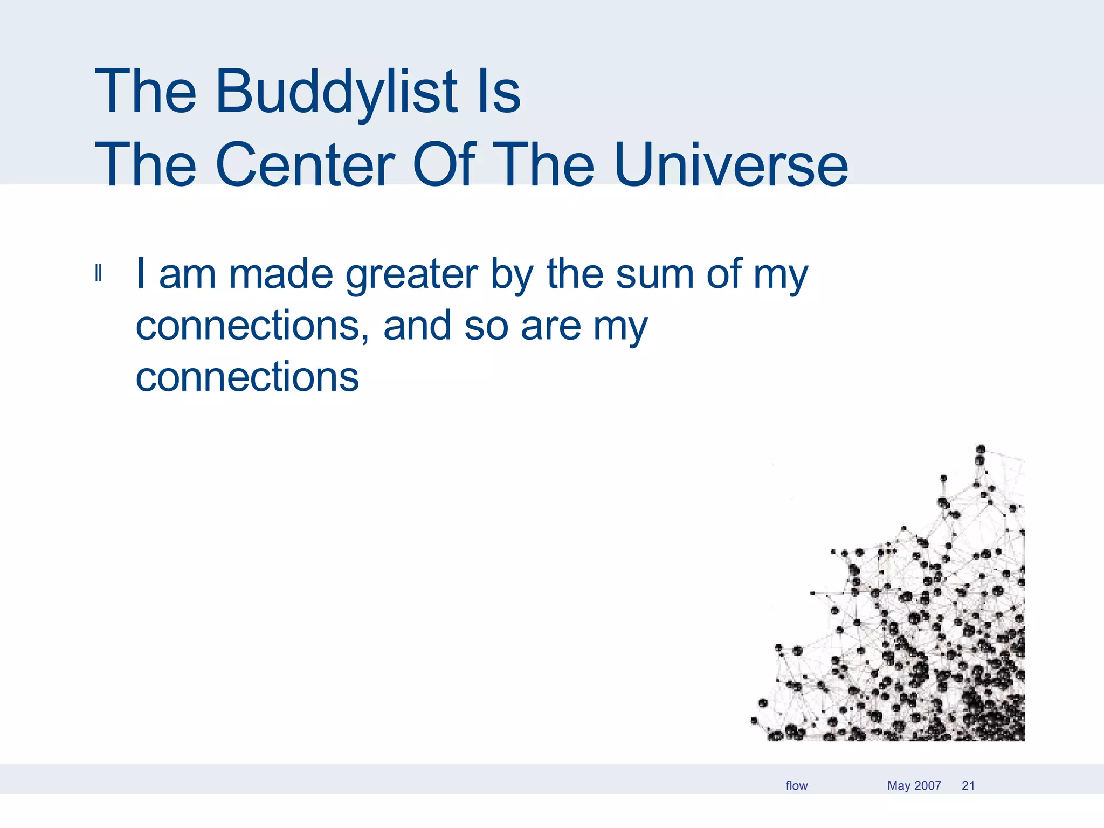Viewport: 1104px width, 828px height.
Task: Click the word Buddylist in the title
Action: coord(336,92)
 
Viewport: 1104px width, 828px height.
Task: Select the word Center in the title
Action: coord(305,164)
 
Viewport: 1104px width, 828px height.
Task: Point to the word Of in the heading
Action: coord(444,164)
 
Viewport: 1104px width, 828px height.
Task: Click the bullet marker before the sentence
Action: coord(98,273)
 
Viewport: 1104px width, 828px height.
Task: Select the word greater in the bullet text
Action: coord(411,275)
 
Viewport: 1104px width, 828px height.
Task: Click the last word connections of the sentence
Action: coord(247,377)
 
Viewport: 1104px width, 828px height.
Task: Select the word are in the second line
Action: coord(550,327)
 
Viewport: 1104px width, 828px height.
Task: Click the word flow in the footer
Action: coord(796,785)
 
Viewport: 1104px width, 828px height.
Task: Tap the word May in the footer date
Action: coord(899,786)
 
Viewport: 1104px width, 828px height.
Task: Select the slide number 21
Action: coord(968,785)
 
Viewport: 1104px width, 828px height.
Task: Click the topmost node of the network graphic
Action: coord(981,449)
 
